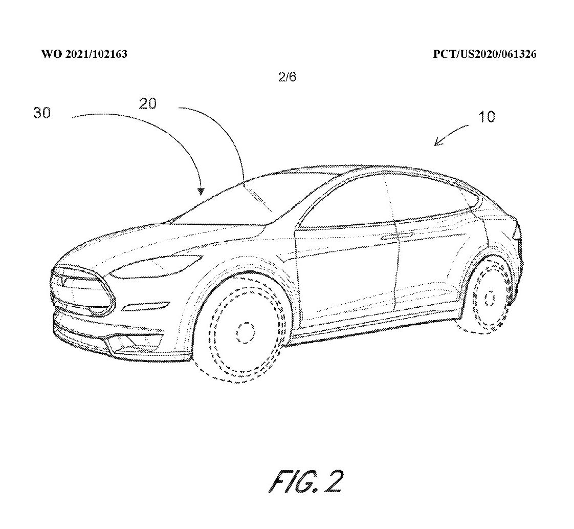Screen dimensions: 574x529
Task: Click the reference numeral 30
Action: [42, 113]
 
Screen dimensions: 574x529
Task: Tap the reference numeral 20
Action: [147, 103]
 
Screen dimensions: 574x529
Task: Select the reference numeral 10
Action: [487, 117]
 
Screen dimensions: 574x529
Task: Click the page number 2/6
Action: [287, 77]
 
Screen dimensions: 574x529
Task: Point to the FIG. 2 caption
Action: [306, 481]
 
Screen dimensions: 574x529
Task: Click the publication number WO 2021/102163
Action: [84, 54]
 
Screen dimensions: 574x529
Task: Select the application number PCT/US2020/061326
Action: [484, 54]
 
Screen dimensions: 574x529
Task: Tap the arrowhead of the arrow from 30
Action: [201, 191]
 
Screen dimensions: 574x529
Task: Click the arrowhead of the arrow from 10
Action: [437, 142]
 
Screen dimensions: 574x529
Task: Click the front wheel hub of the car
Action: [245, 333]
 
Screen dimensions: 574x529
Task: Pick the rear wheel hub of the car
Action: [490, 298]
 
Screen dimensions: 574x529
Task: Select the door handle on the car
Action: [397, 236]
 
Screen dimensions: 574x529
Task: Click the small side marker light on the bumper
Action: [146, 306]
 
